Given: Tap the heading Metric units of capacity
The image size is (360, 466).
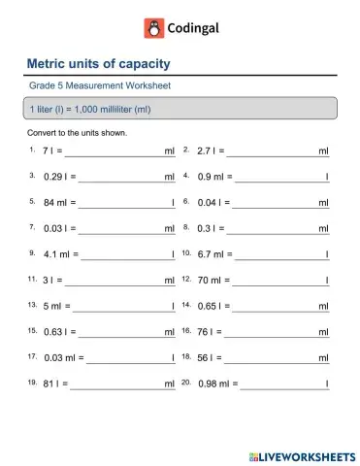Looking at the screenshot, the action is [x=100, y=65].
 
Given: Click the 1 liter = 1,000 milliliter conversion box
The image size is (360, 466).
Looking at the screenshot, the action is [x=180, y=108].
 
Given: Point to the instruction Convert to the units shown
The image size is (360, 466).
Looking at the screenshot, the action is [x=78, y=132].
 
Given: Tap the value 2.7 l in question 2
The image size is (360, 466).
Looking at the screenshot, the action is [x=210, y=151].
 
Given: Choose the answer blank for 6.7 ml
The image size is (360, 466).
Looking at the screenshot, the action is [x=279, y=255].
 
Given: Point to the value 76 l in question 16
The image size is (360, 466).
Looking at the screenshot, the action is [x=206, y=331].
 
